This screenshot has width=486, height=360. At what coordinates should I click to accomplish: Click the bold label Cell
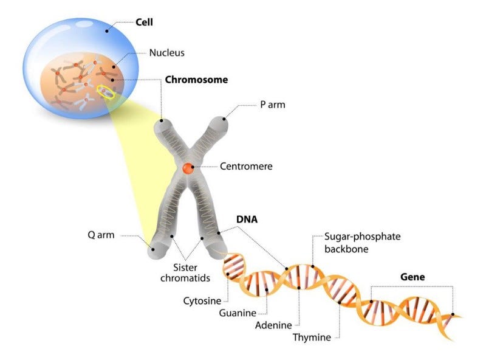click(x=144, y=23)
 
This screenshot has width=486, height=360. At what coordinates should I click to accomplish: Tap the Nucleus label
click(x=166, y=53)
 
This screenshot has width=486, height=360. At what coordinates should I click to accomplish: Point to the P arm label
click(x=273, y=105)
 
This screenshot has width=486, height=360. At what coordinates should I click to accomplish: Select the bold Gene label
click(x=412, y=277)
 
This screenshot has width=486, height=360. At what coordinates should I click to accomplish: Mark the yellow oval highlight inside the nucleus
click(x=106, y=92)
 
